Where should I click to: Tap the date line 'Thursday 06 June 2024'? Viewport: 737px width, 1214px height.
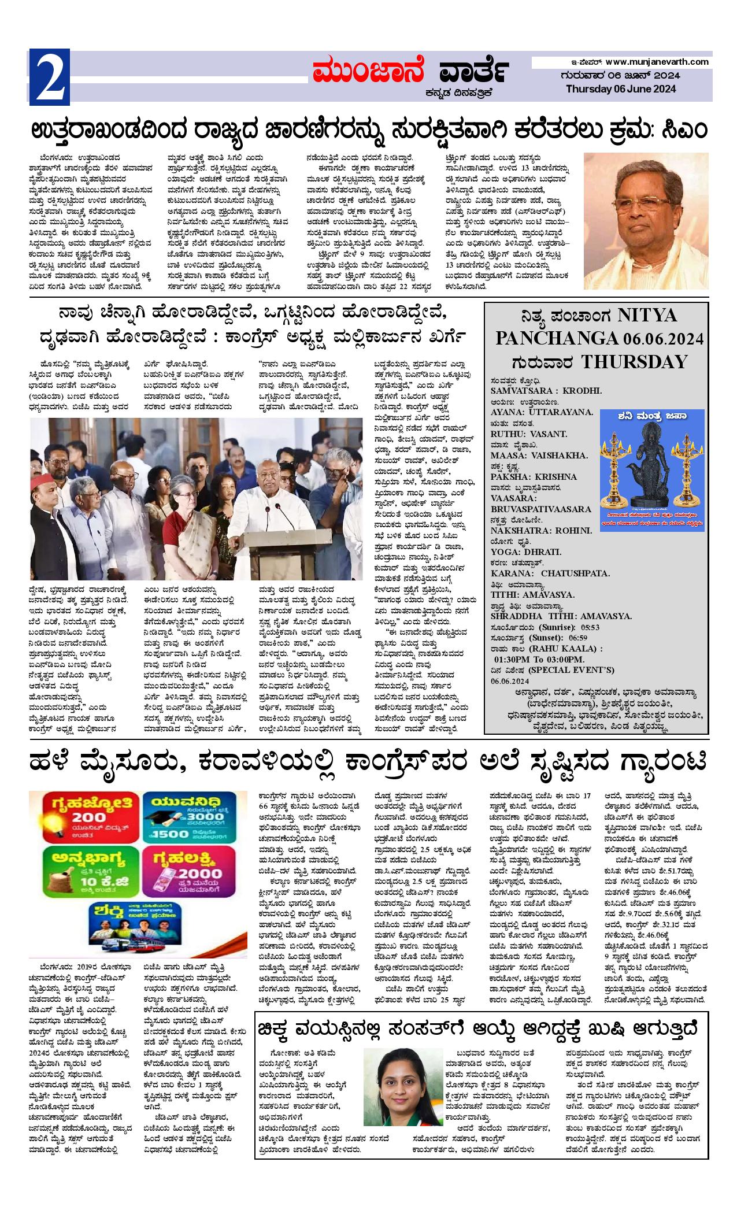click(x=620, y=89)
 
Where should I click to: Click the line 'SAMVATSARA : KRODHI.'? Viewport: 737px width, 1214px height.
click(x=546, y=391)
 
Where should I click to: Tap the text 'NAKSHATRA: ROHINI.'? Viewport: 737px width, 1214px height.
click(x=541, y=530)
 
